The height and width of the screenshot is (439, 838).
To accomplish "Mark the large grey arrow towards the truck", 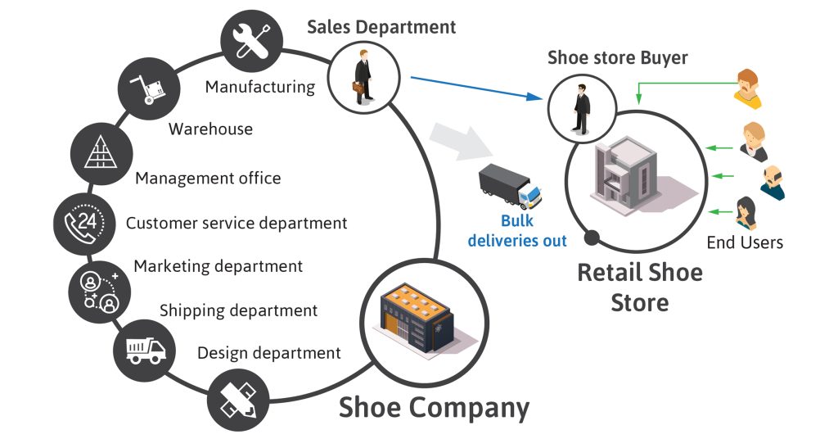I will click(461, 141).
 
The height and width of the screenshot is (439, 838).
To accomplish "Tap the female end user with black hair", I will click(746, 214).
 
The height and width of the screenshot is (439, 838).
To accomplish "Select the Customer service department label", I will click(237, 223).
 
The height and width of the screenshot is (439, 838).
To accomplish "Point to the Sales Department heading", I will click(381, 26).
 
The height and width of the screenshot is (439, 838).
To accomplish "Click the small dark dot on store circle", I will click(591, 238).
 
